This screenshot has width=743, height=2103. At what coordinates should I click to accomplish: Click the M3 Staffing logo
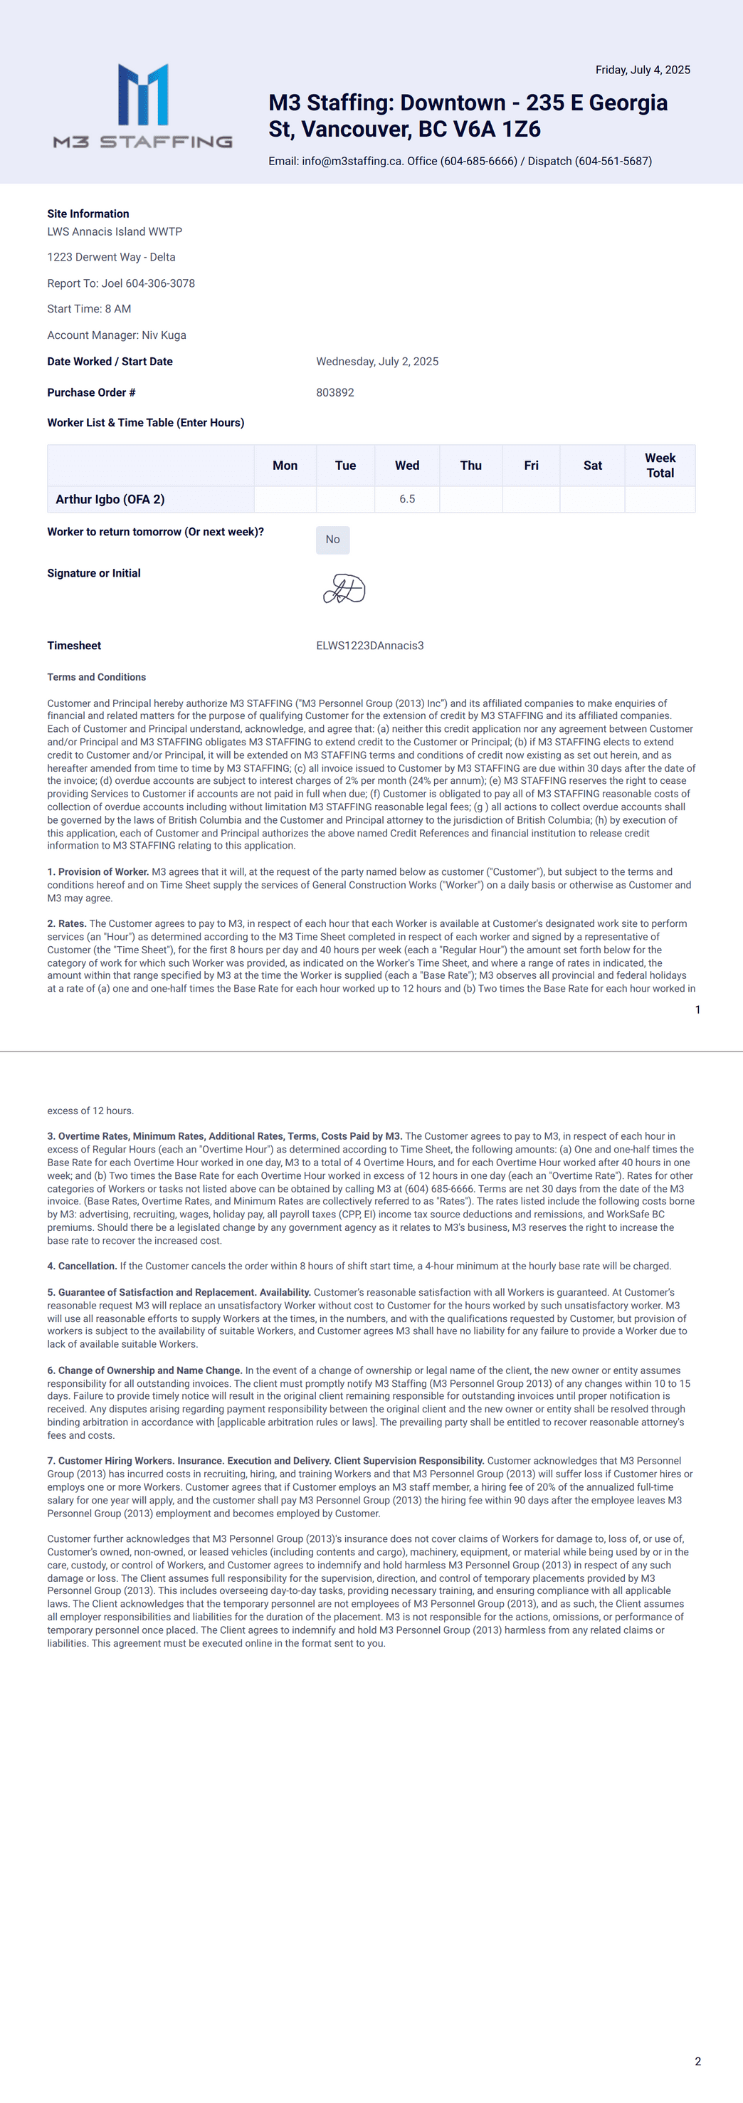[x=143, y=106]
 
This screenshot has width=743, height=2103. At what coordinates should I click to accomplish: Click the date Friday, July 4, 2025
[x=643, y=70]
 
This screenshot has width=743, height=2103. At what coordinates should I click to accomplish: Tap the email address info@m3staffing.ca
[x=351, y=162]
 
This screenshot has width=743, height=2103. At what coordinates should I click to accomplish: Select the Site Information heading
[x=88, y=214]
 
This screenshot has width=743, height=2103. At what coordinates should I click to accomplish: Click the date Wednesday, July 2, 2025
[x=377, y=362]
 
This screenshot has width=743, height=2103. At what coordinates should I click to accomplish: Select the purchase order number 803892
[x=334, y=393]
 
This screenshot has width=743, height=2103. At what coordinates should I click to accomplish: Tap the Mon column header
[x=285, y=466]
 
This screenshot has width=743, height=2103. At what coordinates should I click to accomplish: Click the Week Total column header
[x=660, y=466]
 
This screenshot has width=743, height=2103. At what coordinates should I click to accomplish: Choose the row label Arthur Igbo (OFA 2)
[x=110, y=500]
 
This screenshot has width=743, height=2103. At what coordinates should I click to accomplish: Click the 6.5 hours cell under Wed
[x=406, y=500]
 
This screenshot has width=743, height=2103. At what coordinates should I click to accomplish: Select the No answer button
[x=332, y=540]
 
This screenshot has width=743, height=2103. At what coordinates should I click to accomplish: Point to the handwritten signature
[x=344, y=589]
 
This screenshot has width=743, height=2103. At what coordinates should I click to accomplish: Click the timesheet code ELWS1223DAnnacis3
[x=370, y=646]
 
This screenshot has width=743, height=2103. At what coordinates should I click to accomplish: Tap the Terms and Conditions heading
[x=96, y=678]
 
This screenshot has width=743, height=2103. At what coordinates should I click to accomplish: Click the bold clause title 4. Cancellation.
[x=83, y=1266]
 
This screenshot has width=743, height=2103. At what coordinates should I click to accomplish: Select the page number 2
[x=697, y=2062]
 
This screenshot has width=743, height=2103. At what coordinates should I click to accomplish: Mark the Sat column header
[x=592, y=466]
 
